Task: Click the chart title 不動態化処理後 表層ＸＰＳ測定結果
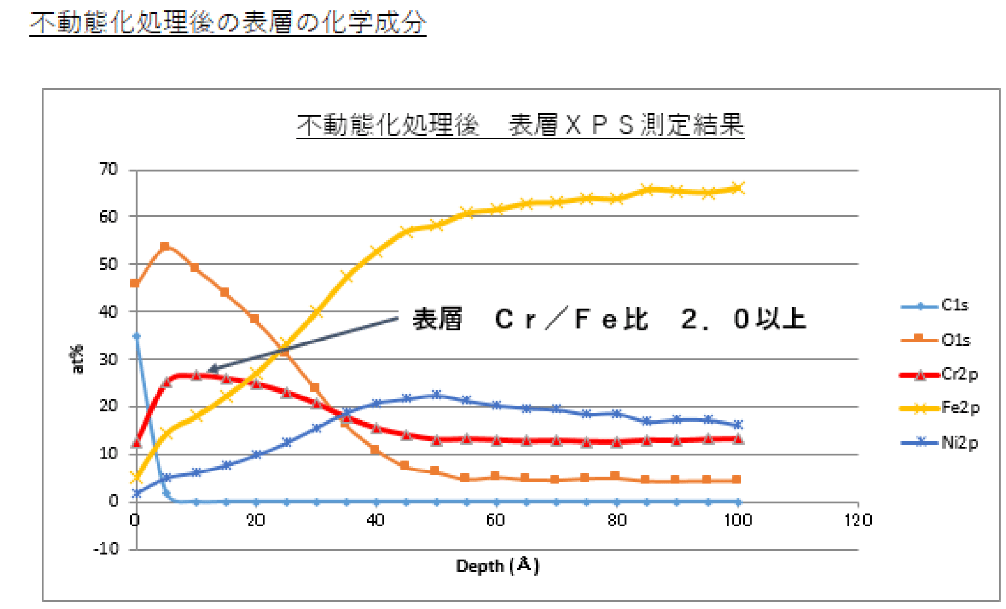[520, 125]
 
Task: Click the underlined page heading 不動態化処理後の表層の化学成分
[228, 23]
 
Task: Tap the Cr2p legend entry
[939, 375]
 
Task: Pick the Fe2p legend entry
[940, 408]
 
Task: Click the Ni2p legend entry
[939, 443]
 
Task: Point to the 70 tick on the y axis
[108, 170]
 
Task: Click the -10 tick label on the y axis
[106, 548]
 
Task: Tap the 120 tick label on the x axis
[858, 520]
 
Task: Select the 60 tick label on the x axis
[496, 520]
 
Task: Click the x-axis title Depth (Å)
[498, 565]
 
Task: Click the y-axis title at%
[77, 359]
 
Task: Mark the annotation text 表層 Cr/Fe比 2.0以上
[609, 320]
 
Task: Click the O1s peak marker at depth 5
[165, 246]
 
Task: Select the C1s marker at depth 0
[136, 336]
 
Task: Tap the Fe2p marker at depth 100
[738, 188]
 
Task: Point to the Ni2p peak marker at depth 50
[436, 395]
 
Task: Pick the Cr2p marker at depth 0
[136, 443]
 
